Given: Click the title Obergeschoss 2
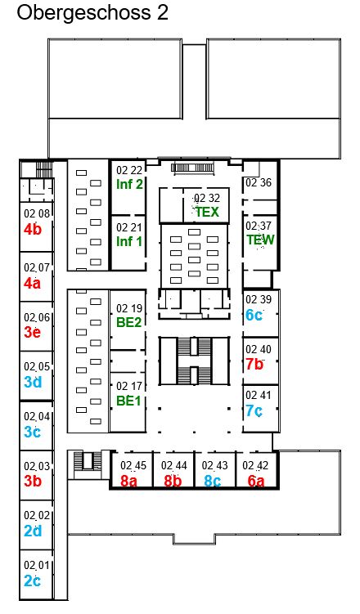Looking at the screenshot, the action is (x=92, y=12).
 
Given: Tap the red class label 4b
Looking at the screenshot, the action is (x=32, y=229).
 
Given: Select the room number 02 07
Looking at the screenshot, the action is (x=37, y=268).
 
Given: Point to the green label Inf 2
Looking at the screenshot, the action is (x=129, y=184).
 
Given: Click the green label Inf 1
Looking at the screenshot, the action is (x=129, y=241).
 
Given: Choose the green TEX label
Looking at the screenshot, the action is (x=207, y=212).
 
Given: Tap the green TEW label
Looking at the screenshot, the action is (x=260, y=240).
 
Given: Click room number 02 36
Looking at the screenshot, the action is (x=259, y=182).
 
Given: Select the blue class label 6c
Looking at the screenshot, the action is (x=254, y=315).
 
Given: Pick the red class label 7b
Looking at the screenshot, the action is (x=254, y=364).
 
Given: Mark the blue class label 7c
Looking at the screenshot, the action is (x=254, y=410).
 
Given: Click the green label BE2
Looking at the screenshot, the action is (x=129, y=322).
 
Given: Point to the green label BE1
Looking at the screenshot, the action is (x=128, y=401).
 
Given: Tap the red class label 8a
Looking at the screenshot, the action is (x=129, y=481).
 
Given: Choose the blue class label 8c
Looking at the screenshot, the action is (x=212, y=481).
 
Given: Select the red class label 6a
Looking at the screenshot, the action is (x=256, y=481).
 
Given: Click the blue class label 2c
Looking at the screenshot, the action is (x=32, y=580).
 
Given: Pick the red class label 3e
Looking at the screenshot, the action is (x=32, y=332).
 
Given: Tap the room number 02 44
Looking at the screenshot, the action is (x=174, y=465).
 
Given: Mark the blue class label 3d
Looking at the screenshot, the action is (x=33, y=382).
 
